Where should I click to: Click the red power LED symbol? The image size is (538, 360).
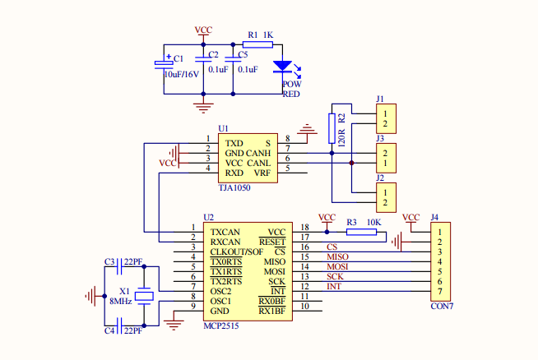point(282,66)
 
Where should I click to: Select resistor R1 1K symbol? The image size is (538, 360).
point(257,46)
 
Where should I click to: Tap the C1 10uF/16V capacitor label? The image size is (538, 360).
point(181,74)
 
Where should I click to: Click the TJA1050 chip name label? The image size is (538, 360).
point(234,187)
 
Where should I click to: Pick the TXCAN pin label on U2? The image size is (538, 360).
point(225,232)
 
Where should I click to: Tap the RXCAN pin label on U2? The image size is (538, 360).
point(225,242)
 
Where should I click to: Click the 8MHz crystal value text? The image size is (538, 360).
point(120,302)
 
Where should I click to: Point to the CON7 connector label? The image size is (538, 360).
point(442,306)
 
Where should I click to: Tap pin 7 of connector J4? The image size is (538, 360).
point(440,292)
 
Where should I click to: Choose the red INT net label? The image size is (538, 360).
point(334,286)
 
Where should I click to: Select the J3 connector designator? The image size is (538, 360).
point(380,138)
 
